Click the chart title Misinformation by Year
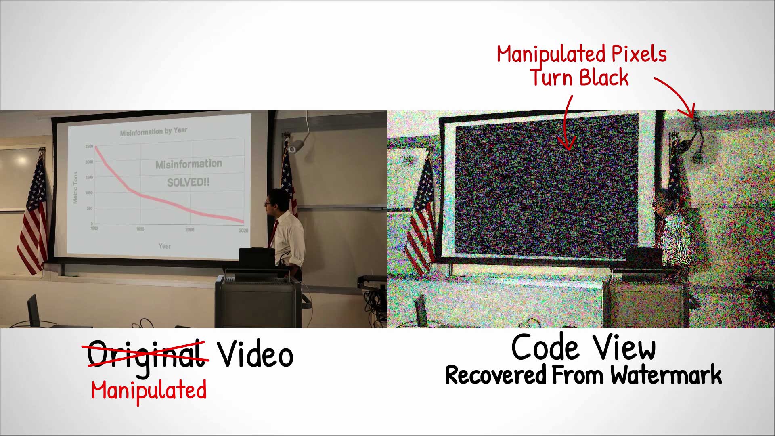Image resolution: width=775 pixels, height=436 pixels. pyautogui.click(x=153, y=131)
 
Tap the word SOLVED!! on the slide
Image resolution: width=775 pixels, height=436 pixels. pyautogui.click(x=188, y=182)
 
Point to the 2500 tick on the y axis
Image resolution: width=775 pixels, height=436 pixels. pyautogui.click(x=89, y=147)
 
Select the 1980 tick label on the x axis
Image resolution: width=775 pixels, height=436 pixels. pyautogui.click(x=140, y=229)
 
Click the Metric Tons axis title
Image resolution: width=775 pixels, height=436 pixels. pyautogui.click(x=75, y=188)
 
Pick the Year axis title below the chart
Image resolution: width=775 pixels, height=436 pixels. pyautogui.click(x=164, y=246)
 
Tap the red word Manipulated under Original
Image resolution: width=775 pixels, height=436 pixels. pyautogui.click(x=149, y=391)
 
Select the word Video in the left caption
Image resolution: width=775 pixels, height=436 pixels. pyautogui.click(x=255, y=354)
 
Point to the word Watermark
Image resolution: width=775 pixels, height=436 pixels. pyautogui.click(x=666, y=375)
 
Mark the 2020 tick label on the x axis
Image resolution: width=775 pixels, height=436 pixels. pyautogui.click(x=243, y=231)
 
